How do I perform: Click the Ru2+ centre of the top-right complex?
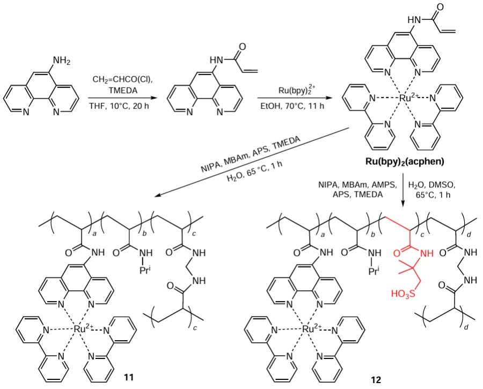pyautogui.click(x=407, y=98)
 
